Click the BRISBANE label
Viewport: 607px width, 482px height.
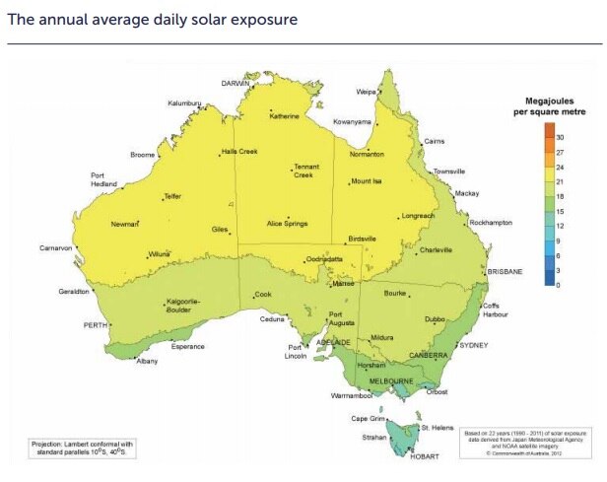504,271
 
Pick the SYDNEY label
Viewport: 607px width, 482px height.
473,346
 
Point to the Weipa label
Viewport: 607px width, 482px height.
367,92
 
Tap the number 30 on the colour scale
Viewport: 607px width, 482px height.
560,137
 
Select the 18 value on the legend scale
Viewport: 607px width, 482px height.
560,196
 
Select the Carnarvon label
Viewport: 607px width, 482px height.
56,247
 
